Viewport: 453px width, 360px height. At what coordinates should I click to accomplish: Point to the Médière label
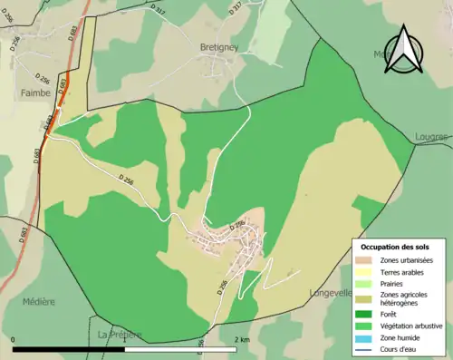(38, 301)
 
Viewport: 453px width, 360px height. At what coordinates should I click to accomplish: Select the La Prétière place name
(120, 335)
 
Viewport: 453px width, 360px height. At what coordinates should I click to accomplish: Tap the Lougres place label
(430, 137)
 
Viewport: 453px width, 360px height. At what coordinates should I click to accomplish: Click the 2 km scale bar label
(241, 340)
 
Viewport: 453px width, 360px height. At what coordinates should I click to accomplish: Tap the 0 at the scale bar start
(14, 340)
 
